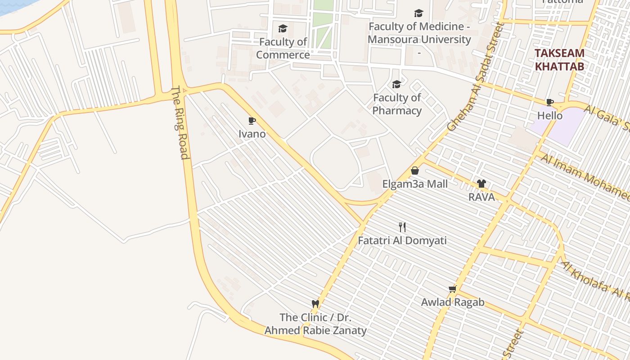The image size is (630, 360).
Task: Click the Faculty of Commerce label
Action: click(x=283, y=49)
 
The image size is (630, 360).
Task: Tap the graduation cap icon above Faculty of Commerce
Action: click(x=283, y=29)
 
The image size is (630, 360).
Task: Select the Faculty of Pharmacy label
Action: click(x=397, y=104)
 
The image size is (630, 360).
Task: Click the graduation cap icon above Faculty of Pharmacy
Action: click(x=396, y=84)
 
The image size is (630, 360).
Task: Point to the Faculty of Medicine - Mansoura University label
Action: click(x=419, y=33)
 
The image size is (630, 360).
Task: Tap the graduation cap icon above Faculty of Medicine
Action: click(x=418, y=13)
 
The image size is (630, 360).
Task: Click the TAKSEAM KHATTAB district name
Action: click(x=559, y=60)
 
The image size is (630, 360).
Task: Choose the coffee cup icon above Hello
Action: click(x=549, y=102)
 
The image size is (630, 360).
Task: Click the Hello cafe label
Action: click(x=550, y=116)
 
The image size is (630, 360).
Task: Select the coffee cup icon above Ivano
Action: click(x=252, y=121)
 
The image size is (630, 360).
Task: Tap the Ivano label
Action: click(x=252, y=134)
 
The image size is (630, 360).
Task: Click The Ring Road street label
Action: click(x=180, y=122)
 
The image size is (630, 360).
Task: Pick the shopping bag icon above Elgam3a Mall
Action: click(x=415, y=171)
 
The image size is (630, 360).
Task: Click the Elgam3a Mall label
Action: click(x=415, y=184)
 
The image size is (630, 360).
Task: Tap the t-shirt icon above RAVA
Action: click(x=481, y=184)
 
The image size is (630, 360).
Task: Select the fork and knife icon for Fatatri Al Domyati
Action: click(x=402, y=227)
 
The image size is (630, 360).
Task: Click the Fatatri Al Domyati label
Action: click(x=402, y=240)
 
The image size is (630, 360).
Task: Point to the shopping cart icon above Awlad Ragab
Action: click(x=452, y=289)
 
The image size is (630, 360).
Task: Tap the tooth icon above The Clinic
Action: click(x=315, y=304)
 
